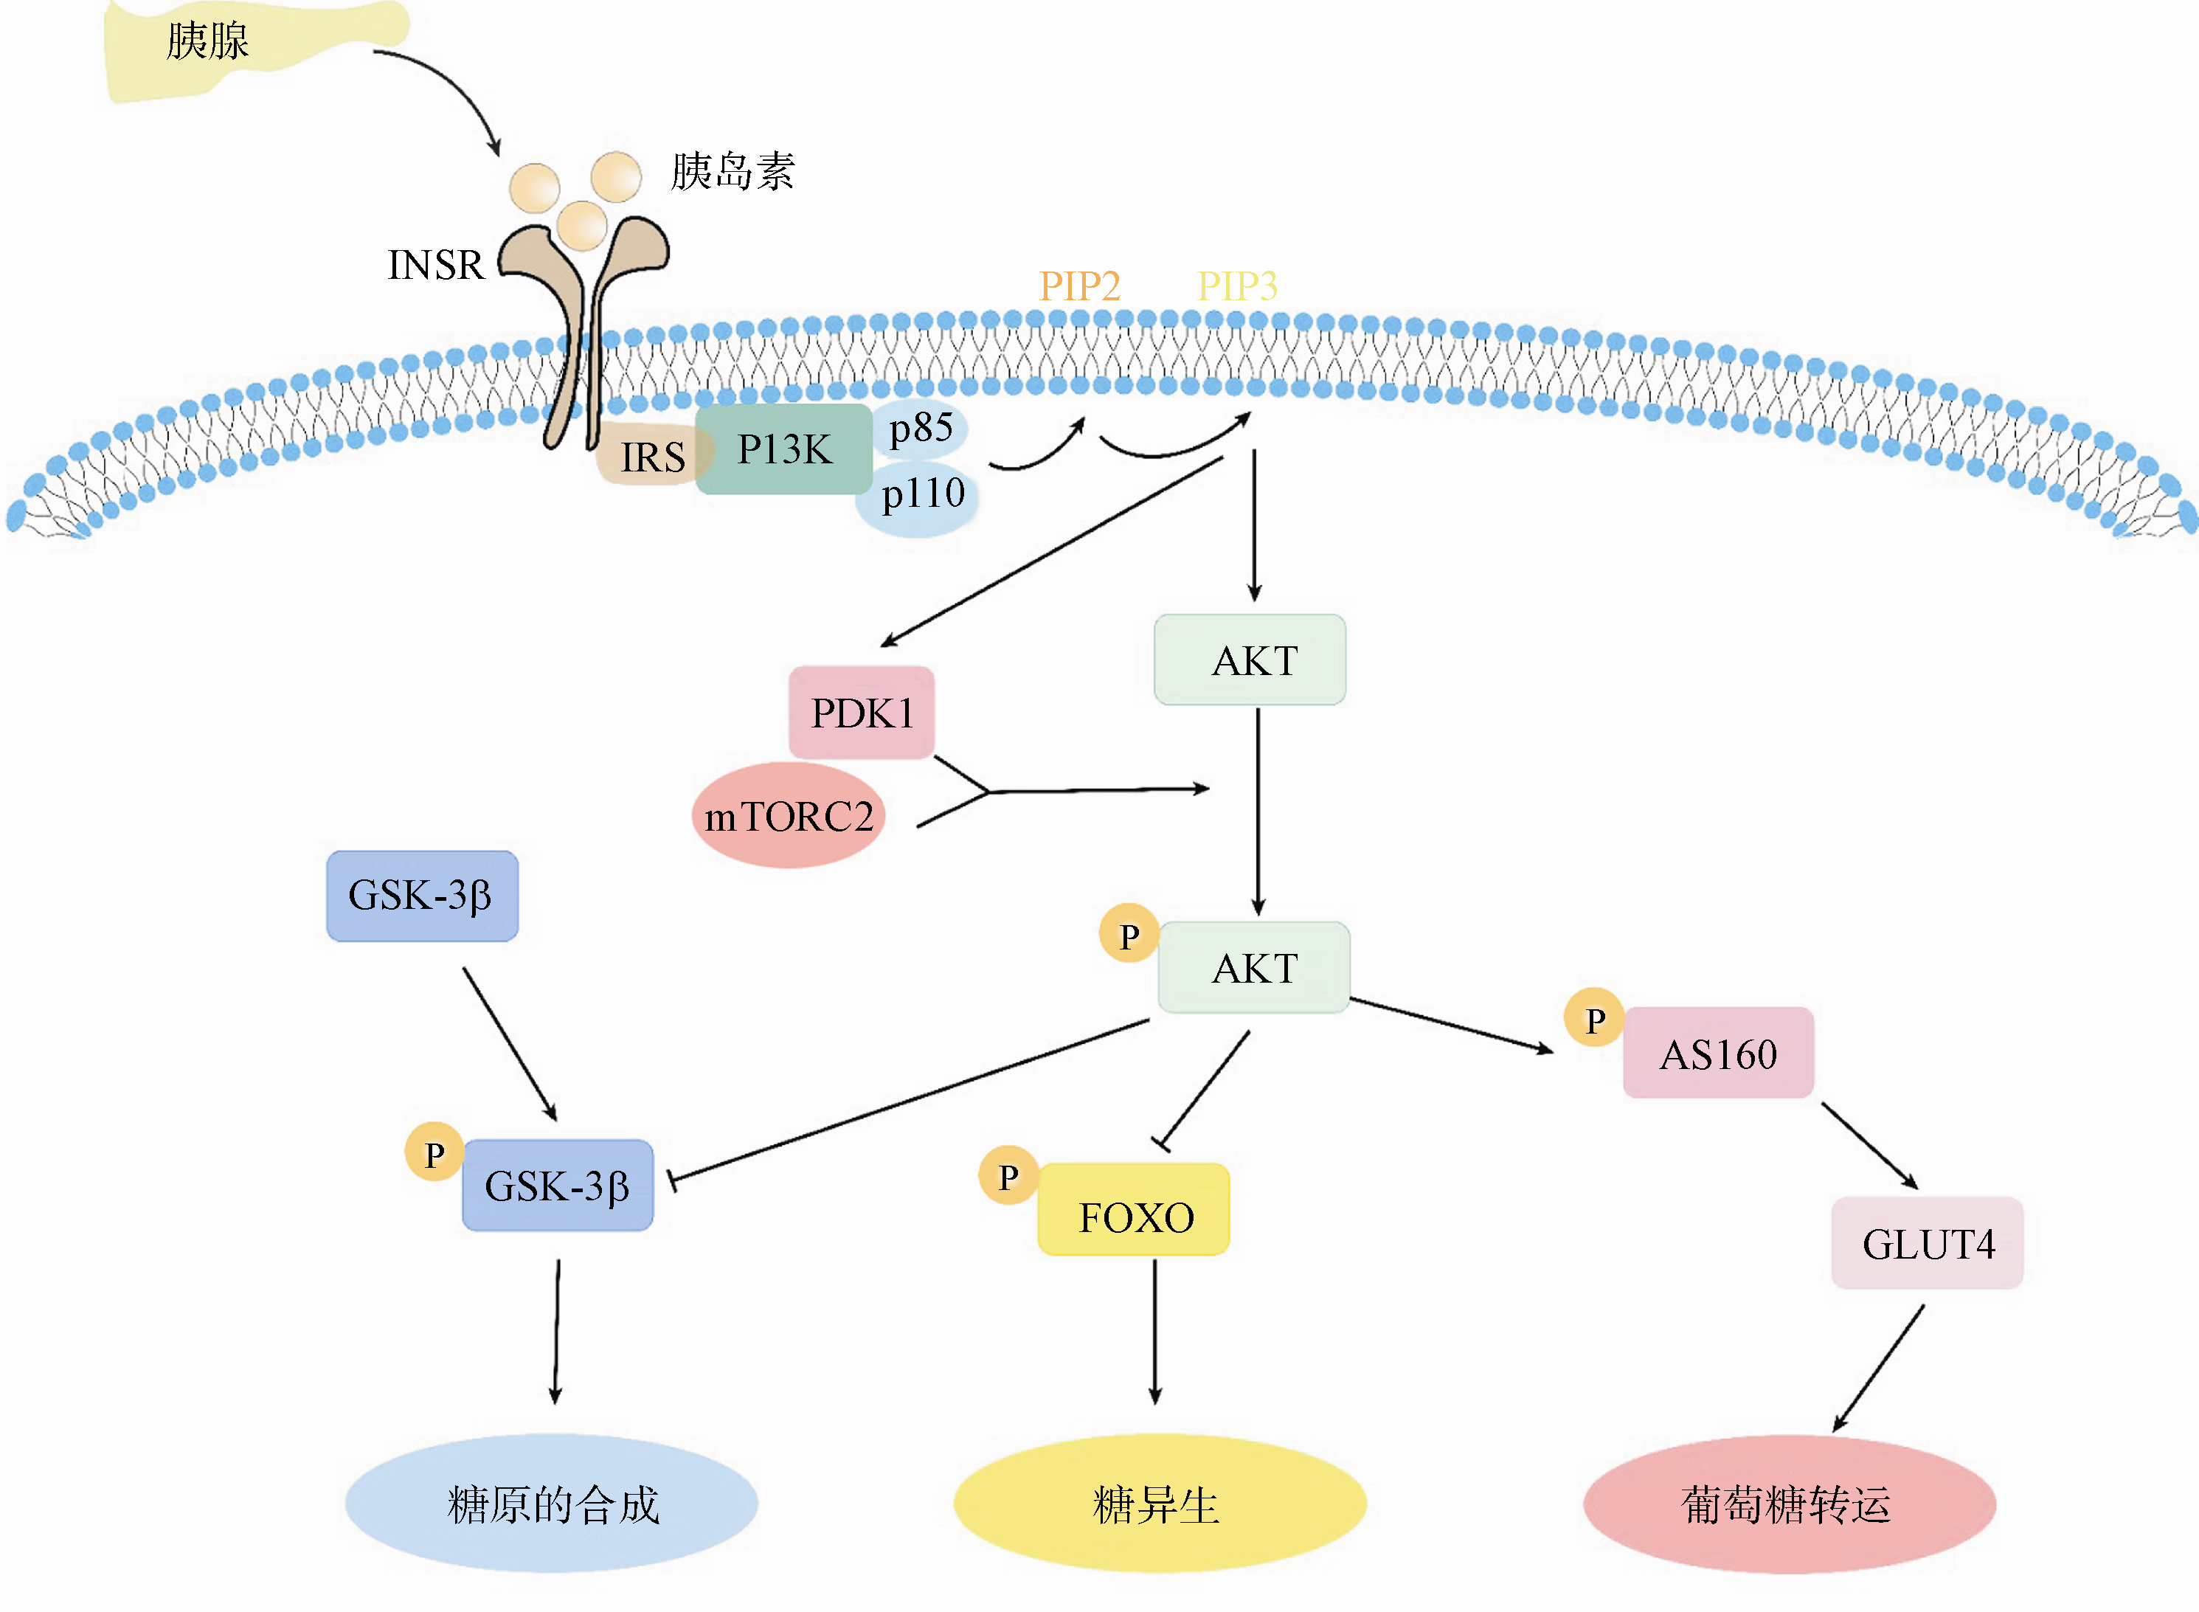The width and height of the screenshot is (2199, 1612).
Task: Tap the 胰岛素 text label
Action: point(732,172)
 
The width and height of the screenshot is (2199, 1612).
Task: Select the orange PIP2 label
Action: point(1079,286)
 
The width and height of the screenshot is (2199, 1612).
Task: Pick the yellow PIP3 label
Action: point(1237,286)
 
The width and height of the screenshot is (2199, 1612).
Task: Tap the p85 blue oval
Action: point(921,427)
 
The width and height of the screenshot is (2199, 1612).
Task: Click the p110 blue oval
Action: point(921,496)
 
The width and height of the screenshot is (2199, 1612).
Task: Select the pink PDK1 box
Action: point(862,713)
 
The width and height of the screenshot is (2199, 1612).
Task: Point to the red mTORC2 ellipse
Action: point(789,816)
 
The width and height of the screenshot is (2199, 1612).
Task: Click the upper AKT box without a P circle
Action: point(1250,660)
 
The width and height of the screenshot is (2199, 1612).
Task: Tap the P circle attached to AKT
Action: point(1129,935)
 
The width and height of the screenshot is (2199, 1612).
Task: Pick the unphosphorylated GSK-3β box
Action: point(421,896)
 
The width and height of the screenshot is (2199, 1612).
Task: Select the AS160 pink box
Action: point(1718,1054)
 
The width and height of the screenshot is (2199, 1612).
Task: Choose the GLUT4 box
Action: point(1927,1243)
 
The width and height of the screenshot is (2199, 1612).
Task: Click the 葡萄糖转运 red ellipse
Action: point(1788,1504)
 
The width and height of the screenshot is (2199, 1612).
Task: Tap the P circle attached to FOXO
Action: point(1008,1176)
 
